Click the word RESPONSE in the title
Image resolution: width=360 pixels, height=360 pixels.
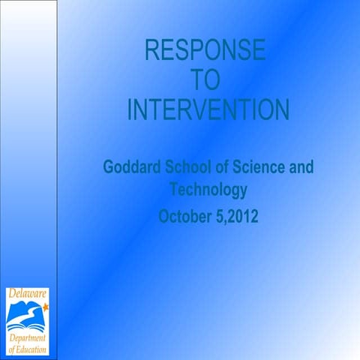204,51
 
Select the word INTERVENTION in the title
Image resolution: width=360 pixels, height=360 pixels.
208,110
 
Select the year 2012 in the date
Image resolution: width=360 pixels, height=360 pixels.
241,217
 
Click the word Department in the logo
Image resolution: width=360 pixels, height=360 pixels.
28,338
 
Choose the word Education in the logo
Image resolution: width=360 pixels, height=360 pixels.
32,349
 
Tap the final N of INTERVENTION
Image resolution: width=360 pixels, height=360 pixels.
279,110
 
